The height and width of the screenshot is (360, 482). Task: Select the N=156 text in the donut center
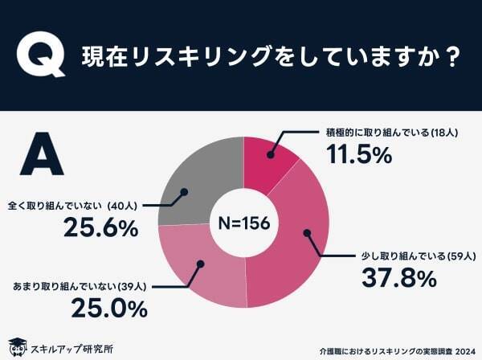click(243, 223)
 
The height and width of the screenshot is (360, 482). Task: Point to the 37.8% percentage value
click(399, 278)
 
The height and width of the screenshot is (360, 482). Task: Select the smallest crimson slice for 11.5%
click(269, 157)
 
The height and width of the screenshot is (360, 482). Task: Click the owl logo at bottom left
click(15, 346)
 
